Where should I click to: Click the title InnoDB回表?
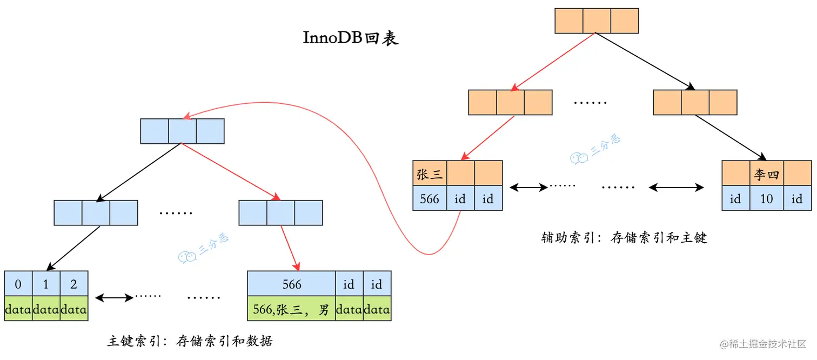tap(351, 39)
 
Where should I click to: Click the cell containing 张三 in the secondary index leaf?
tap(430, 174)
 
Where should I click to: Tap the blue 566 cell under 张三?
tap(430, 198)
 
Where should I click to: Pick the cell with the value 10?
tap(766, 198)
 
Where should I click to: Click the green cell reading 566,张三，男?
tap(291, 309)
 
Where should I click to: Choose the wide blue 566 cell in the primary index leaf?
tap(291, 284)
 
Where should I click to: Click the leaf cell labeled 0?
tap(18, 284)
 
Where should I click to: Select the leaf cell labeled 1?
tap(46, 284)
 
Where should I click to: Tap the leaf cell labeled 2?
tap(73, 284)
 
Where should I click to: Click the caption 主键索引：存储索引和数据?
tap(190, 341)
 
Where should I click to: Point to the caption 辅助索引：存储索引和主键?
tap(624, 237)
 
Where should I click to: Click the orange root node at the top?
tap(597, 21)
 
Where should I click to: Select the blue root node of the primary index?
tap(182, 131)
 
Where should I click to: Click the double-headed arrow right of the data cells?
tap(113, 297)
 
